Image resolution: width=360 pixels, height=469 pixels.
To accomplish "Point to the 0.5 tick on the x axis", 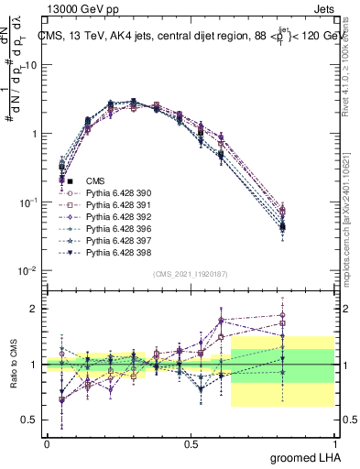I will click(x=191, y=442).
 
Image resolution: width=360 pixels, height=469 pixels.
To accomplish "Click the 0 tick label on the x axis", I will click(x=47, y=442).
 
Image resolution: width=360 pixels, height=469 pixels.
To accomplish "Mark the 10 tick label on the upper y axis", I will click(x=33, y=65).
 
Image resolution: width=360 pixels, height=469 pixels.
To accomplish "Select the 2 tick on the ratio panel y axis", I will click(x=35, y=309).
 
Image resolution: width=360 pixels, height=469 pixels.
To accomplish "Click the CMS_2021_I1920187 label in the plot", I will click(x=190, y=273).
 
